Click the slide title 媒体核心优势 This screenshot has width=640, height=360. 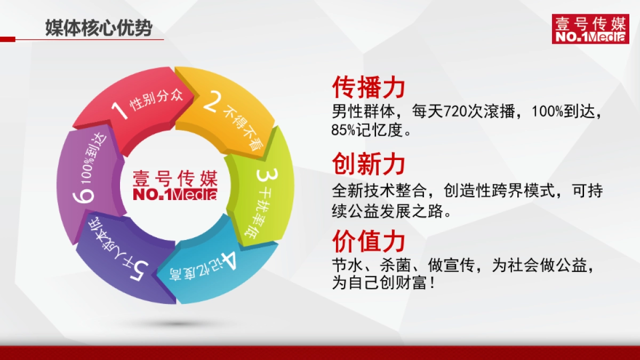click(x=98, y=27)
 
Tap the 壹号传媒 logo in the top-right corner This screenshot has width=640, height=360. click(x=582, y=29)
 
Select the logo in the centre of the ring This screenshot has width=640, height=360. click(x=175, y=184)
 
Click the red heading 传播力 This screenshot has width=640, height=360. click(x=369, y=87)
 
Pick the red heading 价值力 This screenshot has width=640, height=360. click(x=369, y=241)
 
